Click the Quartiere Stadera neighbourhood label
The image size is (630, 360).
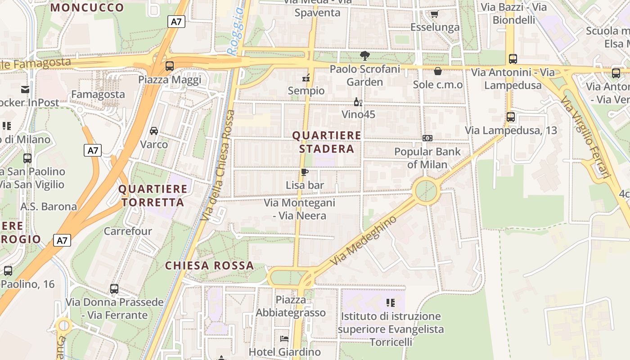[326, 142]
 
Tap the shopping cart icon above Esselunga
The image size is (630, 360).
[434, 14]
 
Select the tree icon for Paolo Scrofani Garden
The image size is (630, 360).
[364, 56]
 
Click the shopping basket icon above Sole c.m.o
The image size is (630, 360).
[437, 71]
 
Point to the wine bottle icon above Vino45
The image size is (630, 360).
[358, 102]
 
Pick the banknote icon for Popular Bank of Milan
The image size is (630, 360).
[427, 138]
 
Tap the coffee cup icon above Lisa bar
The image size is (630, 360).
[305, 172]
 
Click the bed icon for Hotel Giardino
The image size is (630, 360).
[284, 339]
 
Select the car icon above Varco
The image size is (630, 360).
[154, 131]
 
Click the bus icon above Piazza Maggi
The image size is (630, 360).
[170, 66]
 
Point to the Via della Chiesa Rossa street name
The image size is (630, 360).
[218, 165]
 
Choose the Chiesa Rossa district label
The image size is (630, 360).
[209, 265]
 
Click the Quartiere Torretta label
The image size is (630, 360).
[153, 196]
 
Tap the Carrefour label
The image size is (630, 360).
[128, 231]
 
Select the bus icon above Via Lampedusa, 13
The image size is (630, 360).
[511, 117]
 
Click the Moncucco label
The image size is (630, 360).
[87, 8]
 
